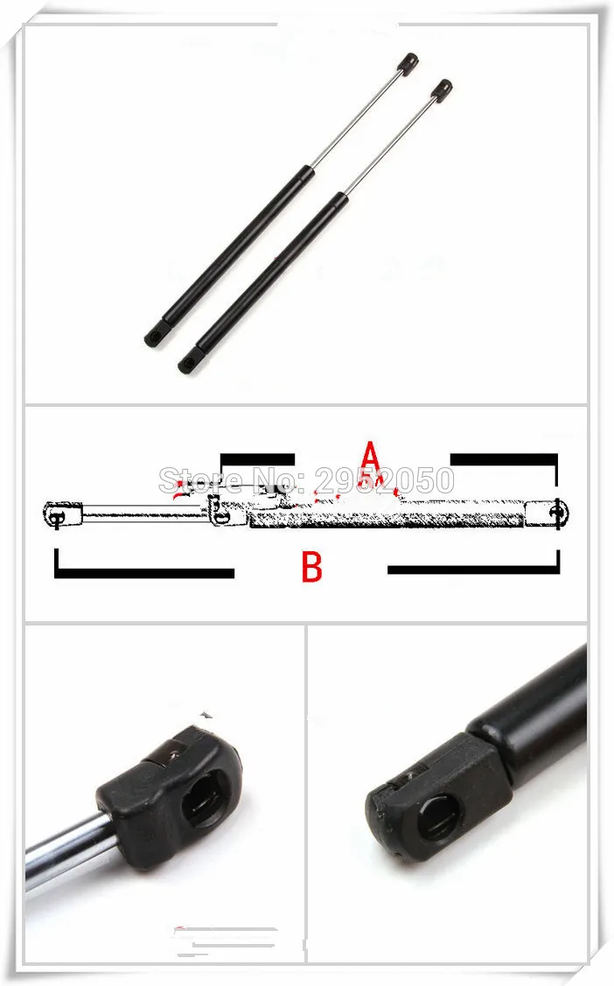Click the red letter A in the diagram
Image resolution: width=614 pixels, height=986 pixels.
370,456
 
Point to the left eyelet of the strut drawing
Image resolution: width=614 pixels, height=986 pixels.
56,514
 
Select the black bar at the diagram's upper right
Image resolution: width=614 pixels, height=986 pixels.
505,458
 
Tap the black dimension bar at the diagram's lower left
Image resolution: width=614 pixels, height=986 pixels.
144,573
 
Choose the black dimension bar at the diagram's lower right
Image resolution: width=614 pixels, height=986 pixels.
472,570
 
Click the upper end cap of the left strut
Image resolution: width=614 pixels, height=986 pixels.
409,62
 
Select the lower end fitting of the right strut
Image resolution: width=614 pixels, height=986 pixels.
188,360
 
